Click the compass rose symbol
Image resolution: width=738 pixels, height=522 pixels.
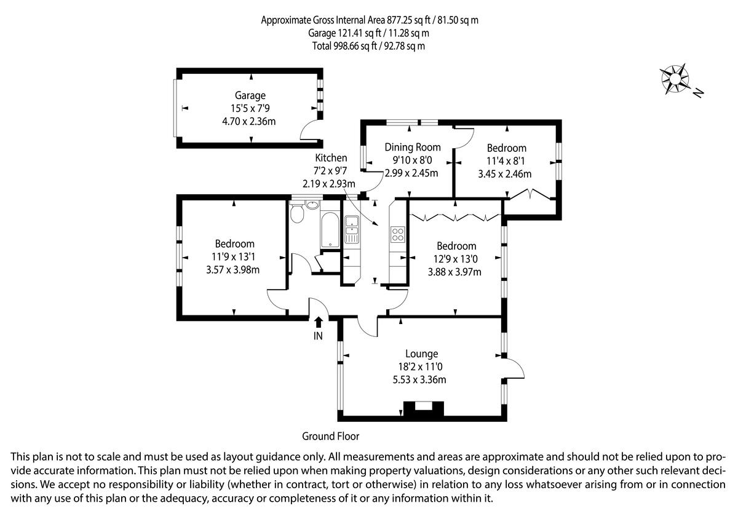click(x=675, y=79)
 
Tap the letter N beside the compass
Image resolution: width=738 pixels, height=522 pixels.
click(x=698, y=93)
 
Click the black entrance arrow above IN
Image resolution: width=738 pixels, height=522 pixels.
click(x=318, y=322)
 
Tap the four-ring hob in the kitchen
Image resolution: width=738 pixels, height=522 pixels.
click(x=397, y=234)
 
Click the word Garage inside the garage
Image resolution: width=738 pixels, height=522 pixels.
click(x=250, y=95)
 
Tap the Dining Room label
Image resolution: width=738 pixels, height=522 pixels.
click(x=413, y=147)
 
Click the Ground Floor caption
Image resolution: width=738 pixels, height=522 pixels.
click(x=330, y=436)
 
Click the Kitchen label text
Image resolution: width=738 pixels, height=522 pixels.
click(x=331, y=158)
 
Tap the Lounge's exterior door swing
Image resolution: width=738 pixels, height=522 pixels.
click(x=513, y=369)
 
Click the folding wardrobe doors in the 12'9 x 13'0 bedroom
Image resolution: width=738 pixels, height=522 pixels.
click(x=456, y=216)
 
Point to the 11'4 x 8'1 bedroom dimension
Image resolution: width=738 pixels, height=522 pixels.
click(x=506, y=161)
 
